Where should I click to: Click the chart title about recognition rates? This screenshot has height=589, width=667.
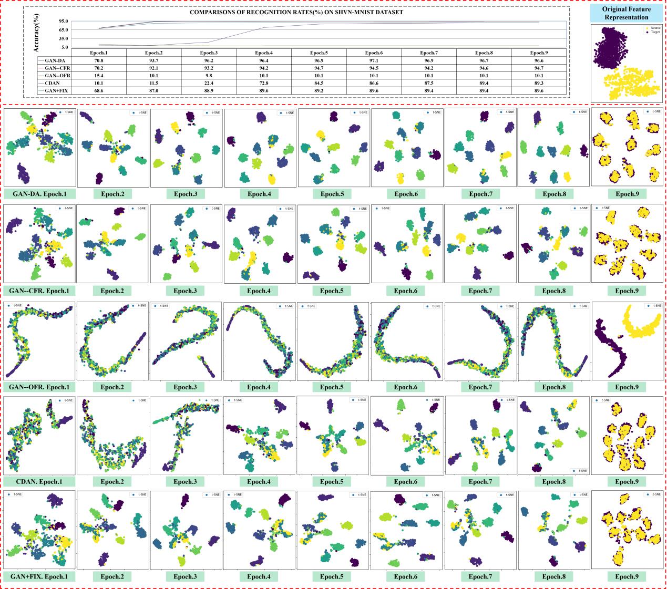296,12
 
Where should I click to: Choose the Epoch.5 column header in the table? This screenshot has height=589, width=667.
319,53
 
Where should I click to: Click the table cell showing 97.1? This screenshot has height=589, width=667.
374,60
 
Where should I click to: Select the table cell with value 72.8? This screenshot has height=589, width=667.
264,83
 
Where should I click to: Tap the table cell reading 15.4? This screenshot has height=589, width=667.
98,75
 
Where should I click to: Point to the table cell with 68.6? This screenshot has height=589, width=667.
98,90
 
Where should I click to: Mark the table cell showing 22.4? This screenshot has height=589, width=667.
209,83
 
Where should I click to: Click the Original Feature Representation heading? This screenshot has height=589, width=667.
625,13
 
